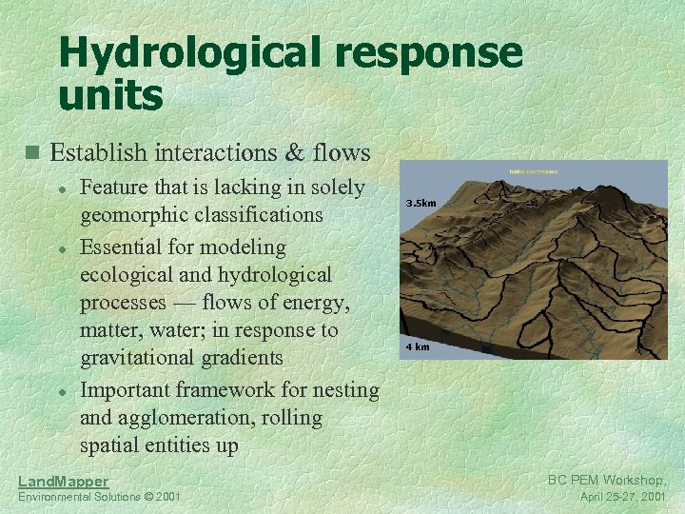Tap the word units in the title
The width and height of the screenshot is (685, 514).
click(111, 94)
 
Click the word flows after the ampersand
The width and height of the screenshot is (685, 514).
click(339, 152)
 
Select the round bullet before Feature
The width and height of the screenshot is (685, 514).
click(61, 189)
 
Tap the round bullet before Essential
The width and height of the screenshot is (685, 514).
click(61, 247)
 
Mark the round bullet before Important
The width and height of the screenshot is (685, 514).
click(61, 391)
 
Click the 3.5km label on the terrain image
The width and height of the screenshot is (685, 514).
click(421, 203)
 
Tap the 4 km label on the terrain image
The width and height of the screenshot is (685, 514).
click(418, 346)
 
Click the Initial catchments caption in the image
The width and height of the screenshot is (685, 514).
click(534, 171)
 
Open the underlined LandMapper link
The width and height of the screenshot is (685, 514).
click(63, 482)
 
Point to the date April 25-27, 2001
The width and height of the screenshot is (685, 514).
click(623, 497)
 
